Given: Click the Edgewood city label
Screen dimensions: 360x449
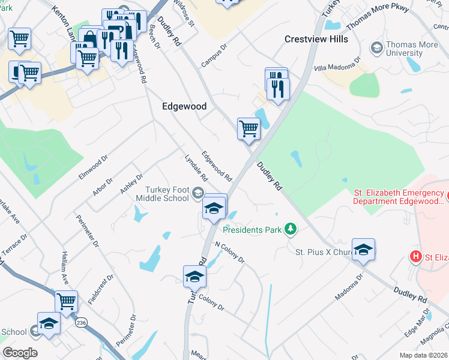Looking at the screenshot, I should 184,106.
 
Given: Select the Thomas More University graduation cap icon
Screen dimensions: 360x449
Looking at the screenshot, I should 376,47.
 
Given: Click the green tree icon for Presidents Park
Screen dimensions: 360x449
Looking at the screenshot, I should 291,229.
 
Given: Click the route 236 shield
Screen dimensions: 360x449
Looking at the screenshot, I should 82,322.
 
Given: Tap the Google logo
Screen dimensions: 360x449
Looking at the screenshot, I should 20,352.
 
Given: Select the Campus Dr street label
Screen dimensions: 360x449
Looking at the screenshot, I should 214,55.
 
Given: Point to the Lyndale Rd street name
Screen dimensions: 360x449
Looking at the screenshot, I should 196,169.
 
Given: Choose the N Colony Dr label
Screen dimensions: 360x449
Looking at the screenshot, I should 230,253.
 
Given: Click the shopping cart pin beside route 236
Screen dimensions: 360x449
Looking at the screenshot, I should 66,301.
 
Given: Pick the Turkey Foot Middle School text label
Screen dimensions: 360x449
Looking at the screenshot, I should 162,194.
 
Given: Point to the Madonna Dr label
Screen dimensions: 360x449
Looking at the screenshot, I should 350,289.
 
